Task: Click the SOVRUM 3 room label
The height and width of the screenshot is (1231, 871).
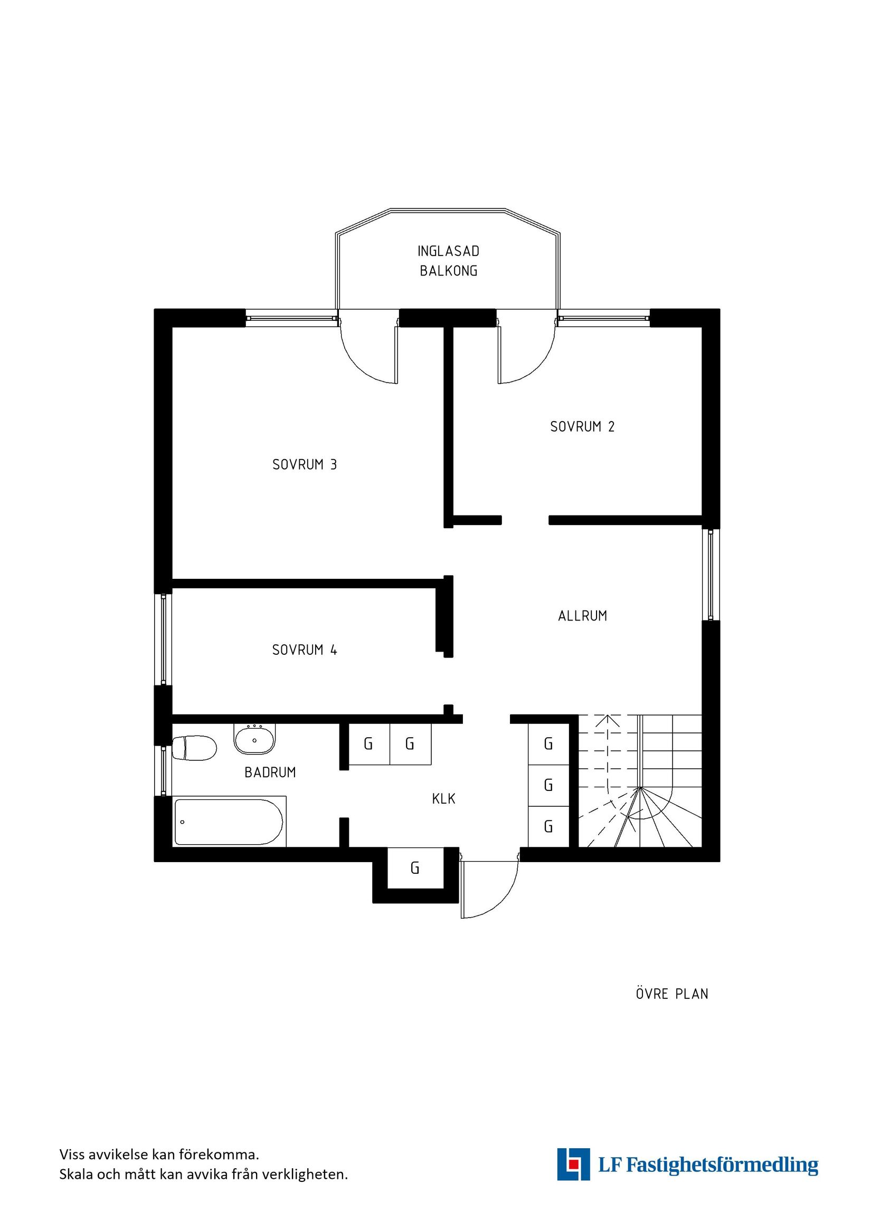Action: pyautogui.click(x=304, y=464)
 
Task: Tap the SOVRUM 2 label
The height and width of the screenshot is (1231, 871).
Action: pyautogui.click(x=582, y=427)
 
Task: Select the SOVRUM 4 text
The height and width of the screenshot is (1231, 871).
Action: pyautogui.click(x=304, y=650)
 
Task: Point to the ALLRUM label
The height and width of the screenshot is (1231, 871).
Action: pyautogui.click(x=582, y=616)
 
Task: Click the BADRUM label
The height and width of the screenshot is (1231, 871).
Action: pyautogui.click(x=270, y=772)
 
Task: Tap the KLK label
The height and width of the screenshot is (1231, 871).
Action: pyautogui.click(x=443, y=799)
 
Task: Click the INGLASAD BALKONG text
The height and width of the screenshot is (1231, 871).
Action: pyautogui.click(x=448, y=261)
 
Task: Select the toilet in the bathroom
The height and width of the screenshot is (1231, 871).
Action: pyautogui.click(x=194, y=748)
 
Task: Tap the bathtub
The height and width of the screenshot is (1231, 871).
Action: pyautogui.click(x=229, y=823)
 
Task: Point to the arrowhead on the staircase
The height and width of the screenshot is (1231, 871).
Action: pyautogui.click(x=607, y=721)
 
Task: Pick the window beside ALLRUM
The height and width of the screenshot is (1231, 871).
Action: pyautogui.click(x=711, y=575)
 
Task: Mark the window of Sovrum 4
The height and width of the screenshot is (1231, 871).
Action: pyautogui.click(x=163, y=639)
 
